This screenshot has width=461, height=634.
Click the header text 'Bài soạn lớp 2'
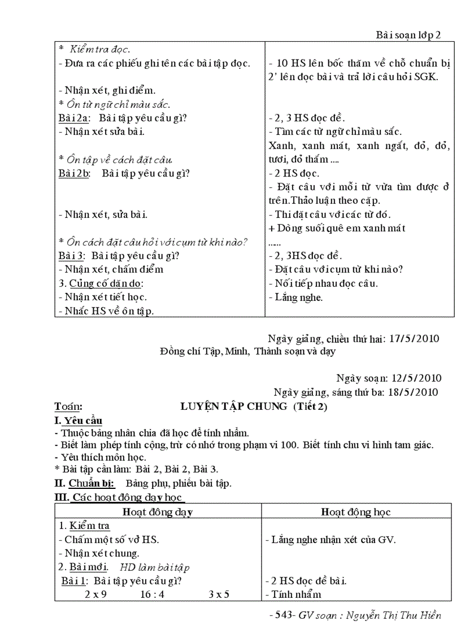(x=408, y=34)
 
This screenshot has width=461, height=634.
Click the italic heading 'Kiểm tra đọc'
(x=99, y=50)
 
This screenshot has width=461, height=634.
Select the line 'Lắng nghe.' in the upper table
(x=296, y=297)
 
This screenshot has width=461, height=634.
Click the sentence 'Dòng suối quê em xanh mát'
(x=341, y=228)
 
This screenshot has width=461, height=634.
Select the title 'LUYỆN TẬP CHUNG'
(x=233, y=406)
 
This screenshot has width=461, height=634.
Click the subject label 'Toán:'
(x=68, y=406)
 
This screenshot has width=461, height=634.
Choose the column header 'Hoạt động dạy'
(x=158, y=512)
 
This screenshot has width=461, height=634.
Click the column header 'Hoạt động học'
(x=356, y=512)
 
